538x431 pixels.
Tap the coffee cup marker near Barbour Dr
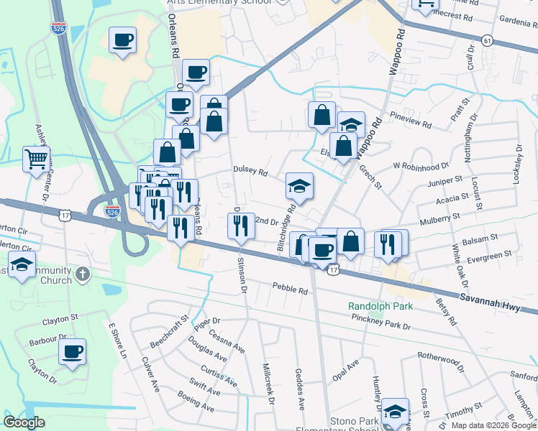coord(72,352)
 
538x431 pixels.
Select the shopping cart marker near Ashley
coord(36,159)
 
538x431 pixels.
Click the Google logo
coord(24,422)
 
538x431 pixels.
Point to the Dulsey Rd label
coord(250,172)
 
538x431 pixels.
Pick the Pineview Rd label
coord(410,119)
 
